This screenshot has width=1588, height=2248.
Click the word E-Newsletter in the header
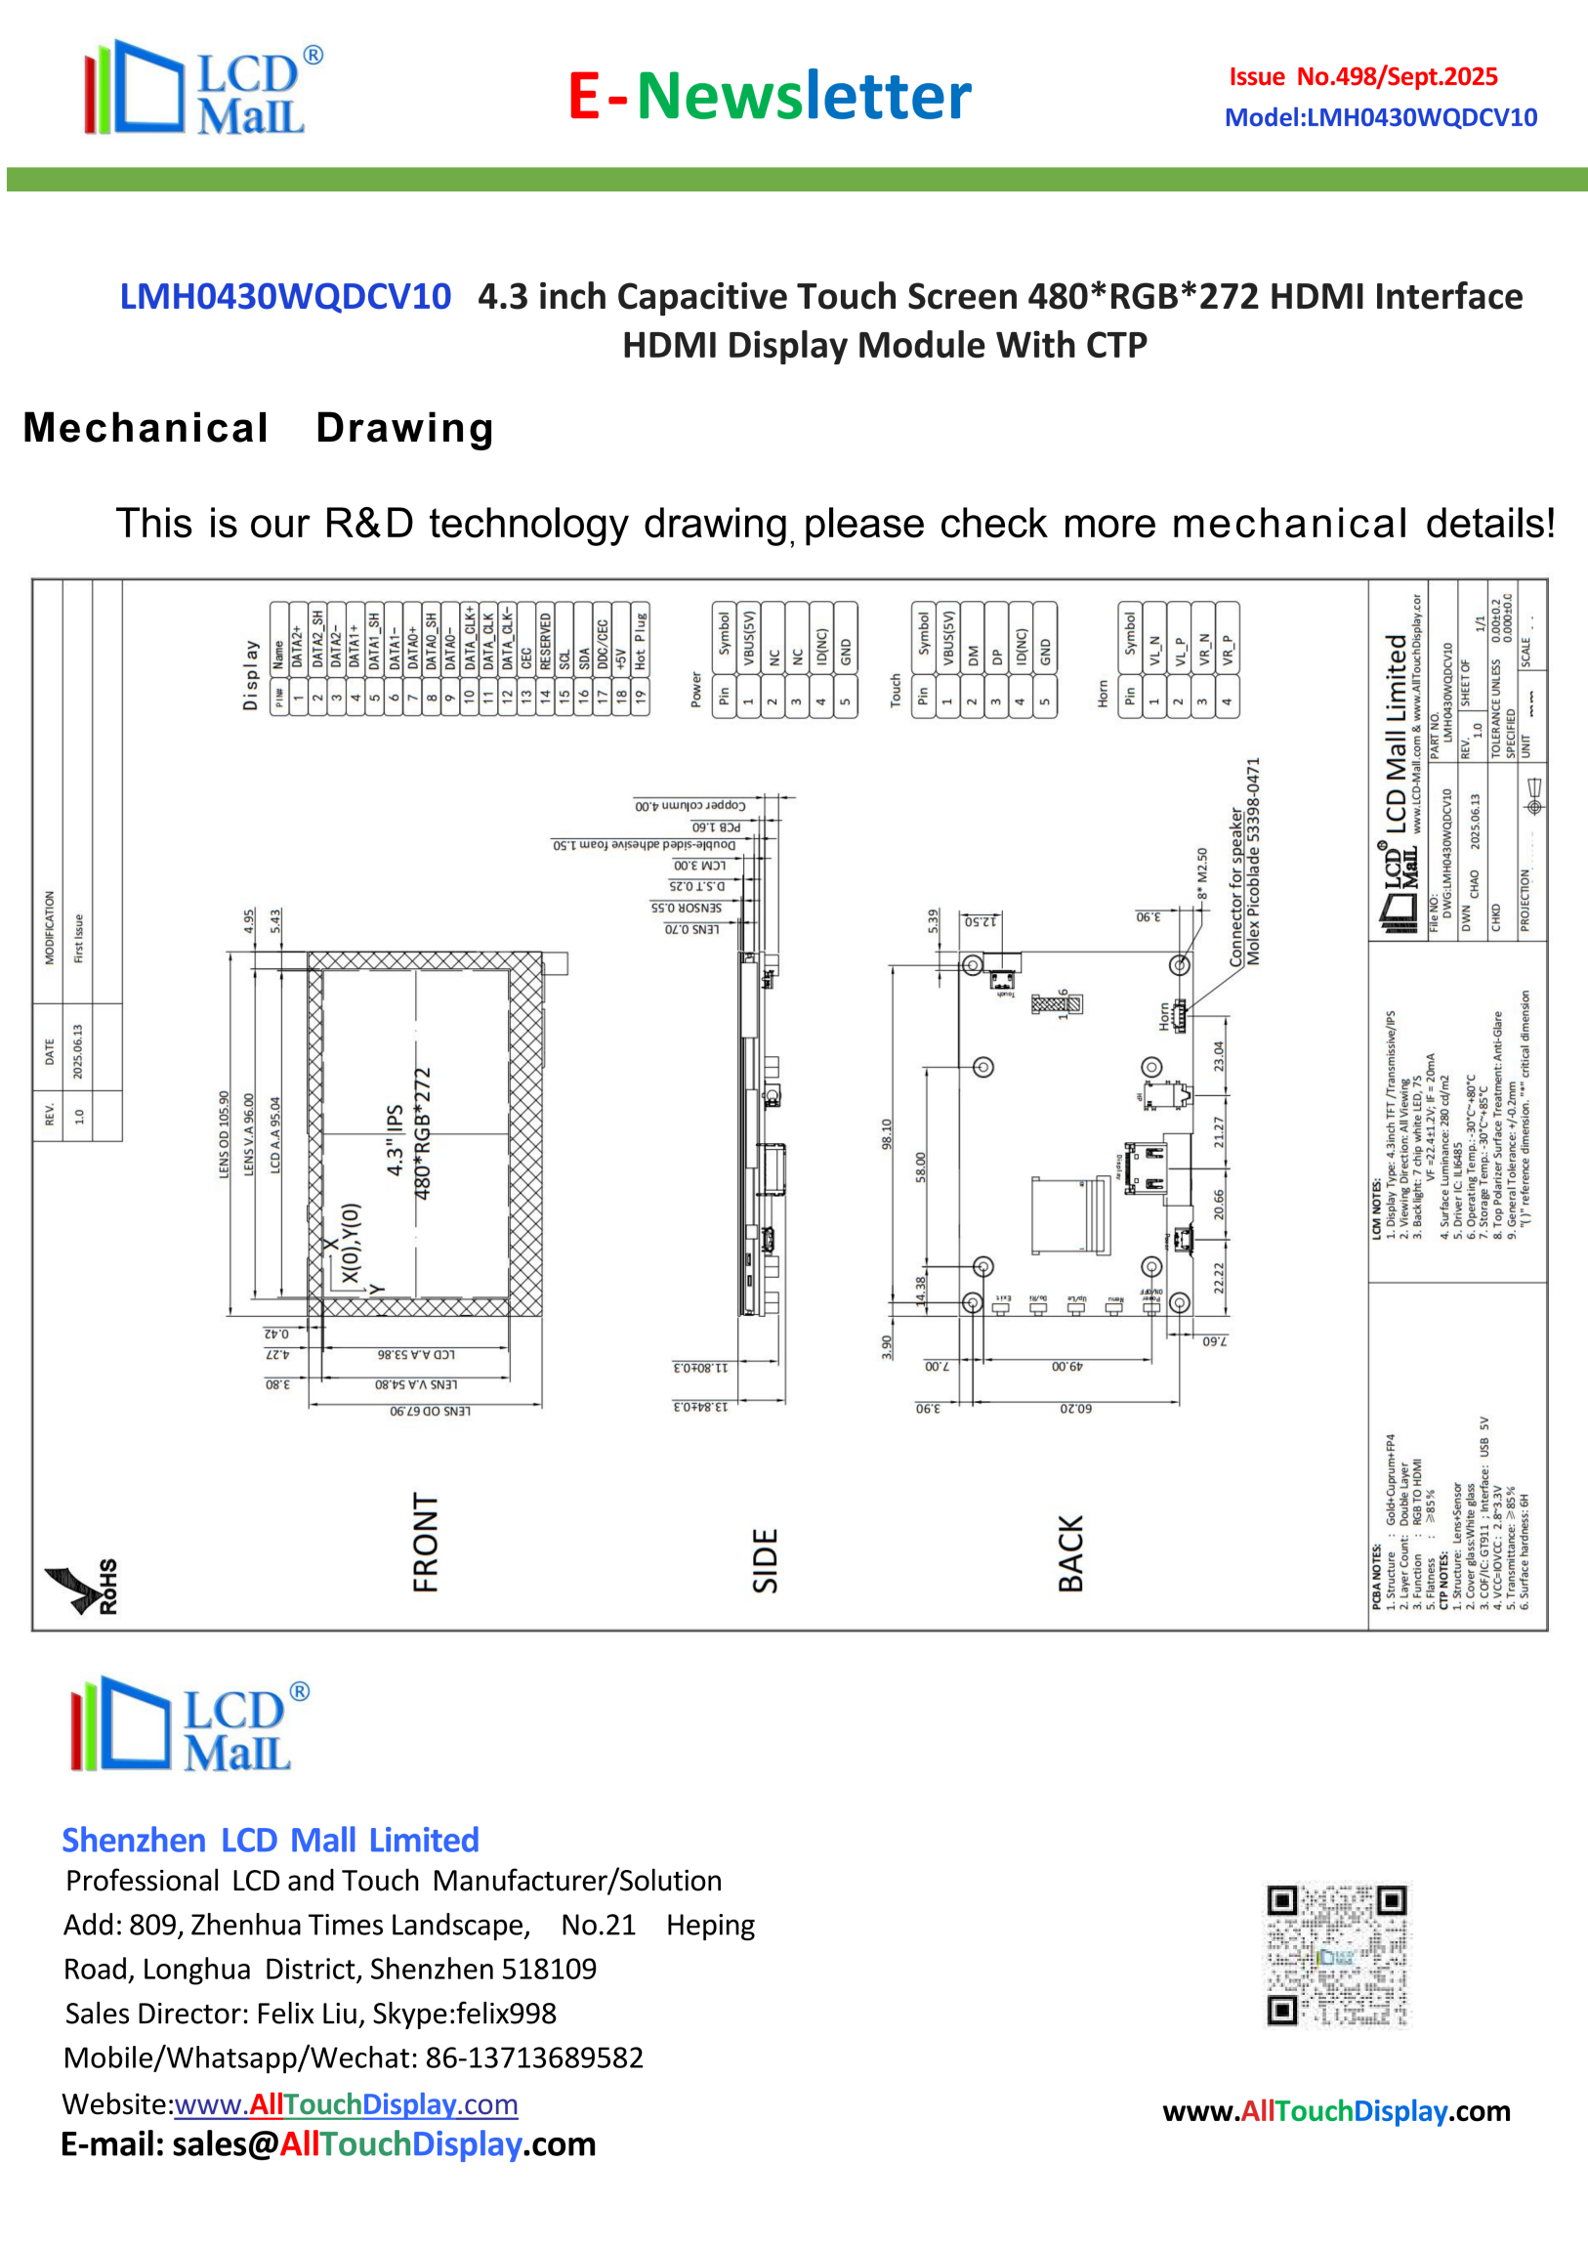pyautogui.click(x=770, y=96)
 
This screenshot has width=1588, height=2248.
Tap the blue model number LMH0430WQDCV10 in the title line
pyautogui.click(x=285, y=297)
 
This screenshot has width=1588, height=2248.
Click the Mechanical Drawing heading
pyautogui.click(x=259, y=428)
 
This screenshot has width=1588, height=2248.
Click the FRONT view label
pyautogui.click(x=426, y=1542)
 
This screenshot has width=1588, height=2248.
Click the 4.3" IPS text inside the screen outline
pyautogui.click(x=395, y=1141)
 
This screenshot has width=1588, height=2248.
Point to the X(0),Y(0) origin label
pyautogui.click(x=352, y=1244)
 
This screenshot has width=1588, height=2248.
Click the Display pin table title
pyautogui.click(x=251, y=675)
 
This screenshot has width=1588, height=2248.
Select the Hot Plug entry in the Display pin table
pyautogui.click(x=641, y=641)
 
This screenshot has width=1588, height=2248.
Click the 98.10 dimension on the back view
pyautogui.click(x=887, y=1134)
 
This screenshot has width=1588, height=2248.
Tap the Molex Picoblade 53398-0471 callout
pyautogui.click(x=1253, y=862)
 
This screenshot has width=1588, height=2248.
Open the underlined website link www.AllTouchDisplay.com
pyautogui.click(x=346, y=2104)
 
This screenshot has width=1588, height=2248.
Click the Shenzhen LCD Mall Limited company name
pyautogui.click(x=271, y=1840)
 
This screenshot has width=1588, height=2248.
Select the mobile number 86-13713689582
pyautogui.click(x=534, y=2057)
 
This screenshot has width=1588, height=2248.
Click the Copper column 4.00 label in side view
pyautogui.click(x=690, y=806)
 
